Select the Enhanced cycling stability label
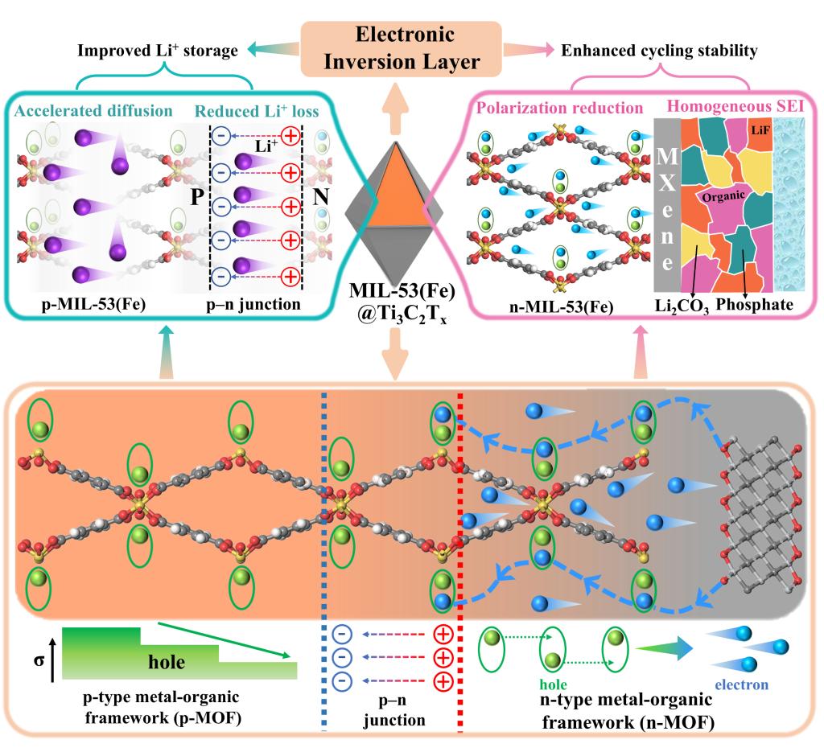point(660,51)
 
